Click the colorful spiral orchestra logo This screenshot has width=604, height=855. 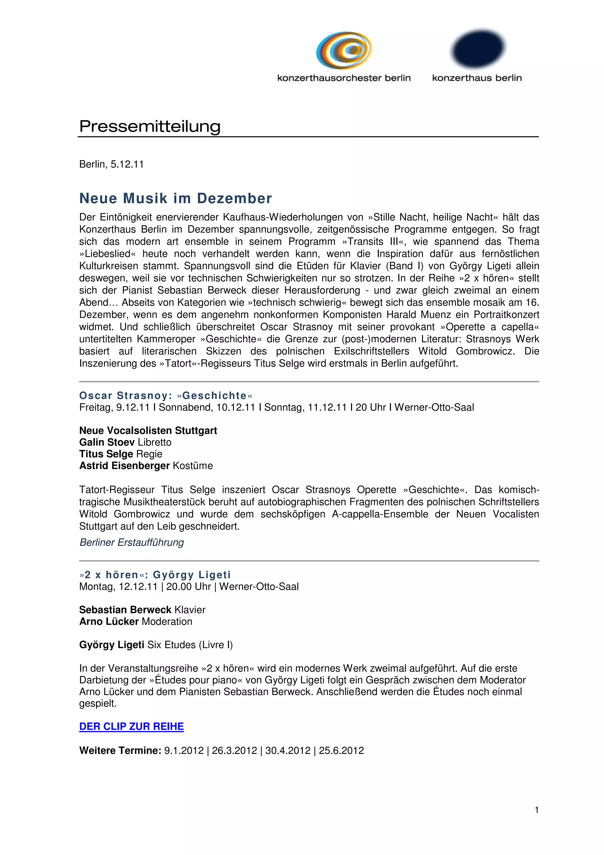point(344,50)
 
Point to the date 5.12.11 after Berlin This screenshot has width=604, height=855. point(127,164)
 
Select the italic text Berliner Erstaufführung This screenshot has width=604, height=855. point(132,542)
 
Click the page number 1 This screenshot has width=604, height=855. point(536,810)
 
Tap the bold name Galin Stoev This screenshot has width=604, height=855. point(107,442)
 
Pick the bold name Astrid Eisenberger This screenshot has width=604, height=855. point(124,466)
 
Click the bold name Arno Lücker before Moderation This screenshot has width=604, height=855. point(109,622)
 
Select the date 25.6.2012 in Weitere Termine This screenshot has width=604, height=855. point(341,750)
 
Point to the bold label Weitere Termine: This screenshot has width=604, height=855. point(120,750)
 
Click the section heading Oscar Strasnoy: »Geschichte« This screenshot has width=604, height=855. point(166,395)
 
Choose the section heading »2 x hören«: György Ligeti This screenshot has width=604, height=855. point(155,575)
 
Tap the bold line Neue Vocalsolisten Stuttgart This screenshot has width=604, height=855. point(148,430)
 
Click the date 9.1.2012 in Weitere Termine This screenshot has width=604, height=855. point(184,750)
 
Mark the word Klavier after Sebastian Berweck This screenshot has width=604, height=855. point(190,610)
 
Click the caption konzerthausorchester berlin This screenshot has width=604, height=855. point(344,78)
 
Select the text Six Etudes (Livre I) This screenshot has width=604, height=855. point(190,645)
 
